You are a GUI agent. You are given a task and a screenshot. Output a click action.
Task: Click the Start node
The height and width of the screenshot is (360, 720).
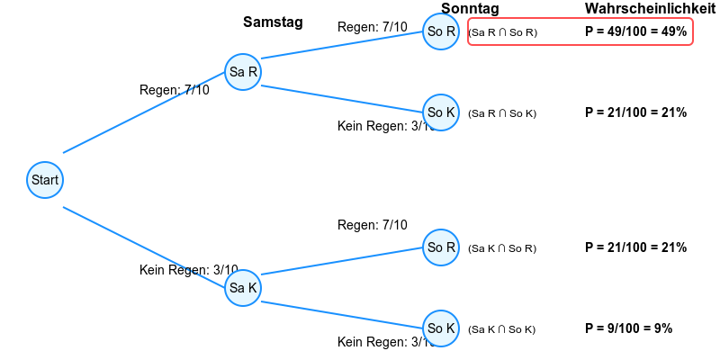(x=45, y=180)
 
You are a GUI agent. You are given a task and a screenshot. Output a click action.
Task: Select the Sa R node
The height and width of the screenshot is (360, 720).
(x=243, y=72)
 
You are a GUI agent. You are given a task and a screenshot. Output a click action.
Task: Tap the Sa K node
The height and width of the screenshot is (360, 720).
(x=243, y=288)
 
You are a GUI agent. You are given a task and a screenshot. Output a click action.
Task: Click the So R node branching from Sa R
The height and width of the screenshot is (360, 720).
(x=441, y=31)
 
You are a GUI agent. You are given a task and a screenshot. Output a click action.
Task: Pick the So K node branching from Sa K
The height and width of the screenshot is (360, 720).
(x=441, y=328)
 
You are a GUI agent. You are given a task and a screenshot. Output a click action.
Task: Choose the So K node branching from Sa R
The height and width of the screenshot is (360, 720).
(x=441, y=112)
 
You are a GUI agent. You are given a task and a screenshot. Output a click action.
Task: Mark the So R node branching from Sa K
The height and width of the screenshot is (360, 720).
(x=441, y=247)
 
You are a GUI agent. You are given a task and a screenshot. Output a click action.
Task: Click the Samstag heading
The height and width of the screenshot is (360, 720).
(x=273, y=22)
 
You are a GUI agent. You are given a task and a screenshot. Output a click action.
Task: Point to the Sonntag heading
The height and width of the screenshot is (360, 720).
(x=470, y=9)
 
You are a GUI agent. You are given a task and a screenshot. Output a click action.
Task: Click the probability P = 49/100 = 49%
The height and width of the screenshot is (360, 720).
(x=635, y=31)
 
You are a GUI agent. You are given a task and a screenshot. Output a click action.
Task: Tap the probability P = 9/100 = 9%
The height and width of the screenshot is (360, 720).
(x=628, y=328)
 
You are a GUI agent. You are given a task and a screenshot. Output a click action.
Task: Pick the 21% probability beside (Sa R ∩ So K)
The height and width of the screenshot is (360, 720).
(x=635, y=112)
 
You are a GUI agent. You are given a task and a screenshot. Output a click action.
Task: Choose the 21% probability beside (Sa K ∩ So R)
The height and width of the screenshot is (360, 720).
(x=635, y=247)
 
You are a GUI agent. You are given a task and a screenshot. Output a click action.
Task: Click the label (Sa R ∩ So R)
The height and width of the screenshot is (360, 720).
(x=502, y=32)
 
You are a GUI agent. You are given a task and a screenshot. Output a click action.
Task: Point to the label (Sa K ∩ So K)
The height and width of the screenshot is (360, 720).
(x=502, y=329)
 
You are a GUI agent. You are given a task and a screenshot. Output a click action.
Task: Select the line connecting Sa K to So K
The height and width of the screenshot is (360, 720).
(x=342, y=315)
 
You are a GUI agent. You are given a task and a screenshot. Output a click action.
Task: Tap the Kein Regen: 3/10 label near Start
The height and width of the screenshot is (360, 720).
(x=188, y=270)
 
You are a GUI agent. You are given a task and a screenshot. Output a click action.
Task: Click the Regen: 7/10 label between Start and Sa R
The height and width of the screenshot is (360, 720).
(x=174, y=90)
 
